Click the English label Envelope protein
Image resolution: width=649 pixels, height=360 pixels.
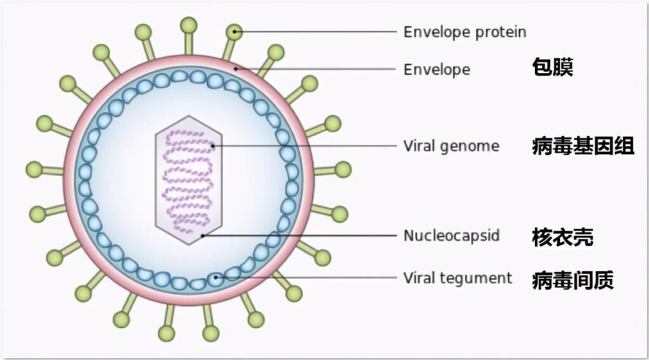coord(465,32)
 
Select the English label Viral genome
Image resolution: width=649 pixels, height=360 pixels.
coord(451,146)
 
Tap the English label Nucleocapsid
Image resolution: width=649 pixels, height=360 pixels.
coord(451,236)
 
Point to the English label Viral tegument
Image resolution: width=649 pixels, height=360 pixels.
coord(458,278)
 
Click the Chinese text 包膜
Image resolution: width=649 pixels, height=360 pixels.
coord(552,68)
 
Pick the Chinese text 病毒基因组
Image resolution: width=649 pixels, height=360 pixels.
coord(582,146)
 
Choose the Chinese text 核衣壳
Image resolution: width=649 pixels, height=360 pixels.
coord(562,238)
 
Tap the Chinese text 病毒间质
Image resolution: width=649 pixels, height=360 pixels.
coord(572,279)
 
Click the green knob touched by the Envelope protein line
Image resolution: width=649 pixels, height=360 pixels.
coord(235,30)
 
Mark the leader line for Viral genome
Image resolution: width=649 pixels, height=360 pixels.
coord(304,146)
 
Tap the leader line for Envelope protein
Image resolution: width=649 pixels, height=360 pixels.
coord(317,30)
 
